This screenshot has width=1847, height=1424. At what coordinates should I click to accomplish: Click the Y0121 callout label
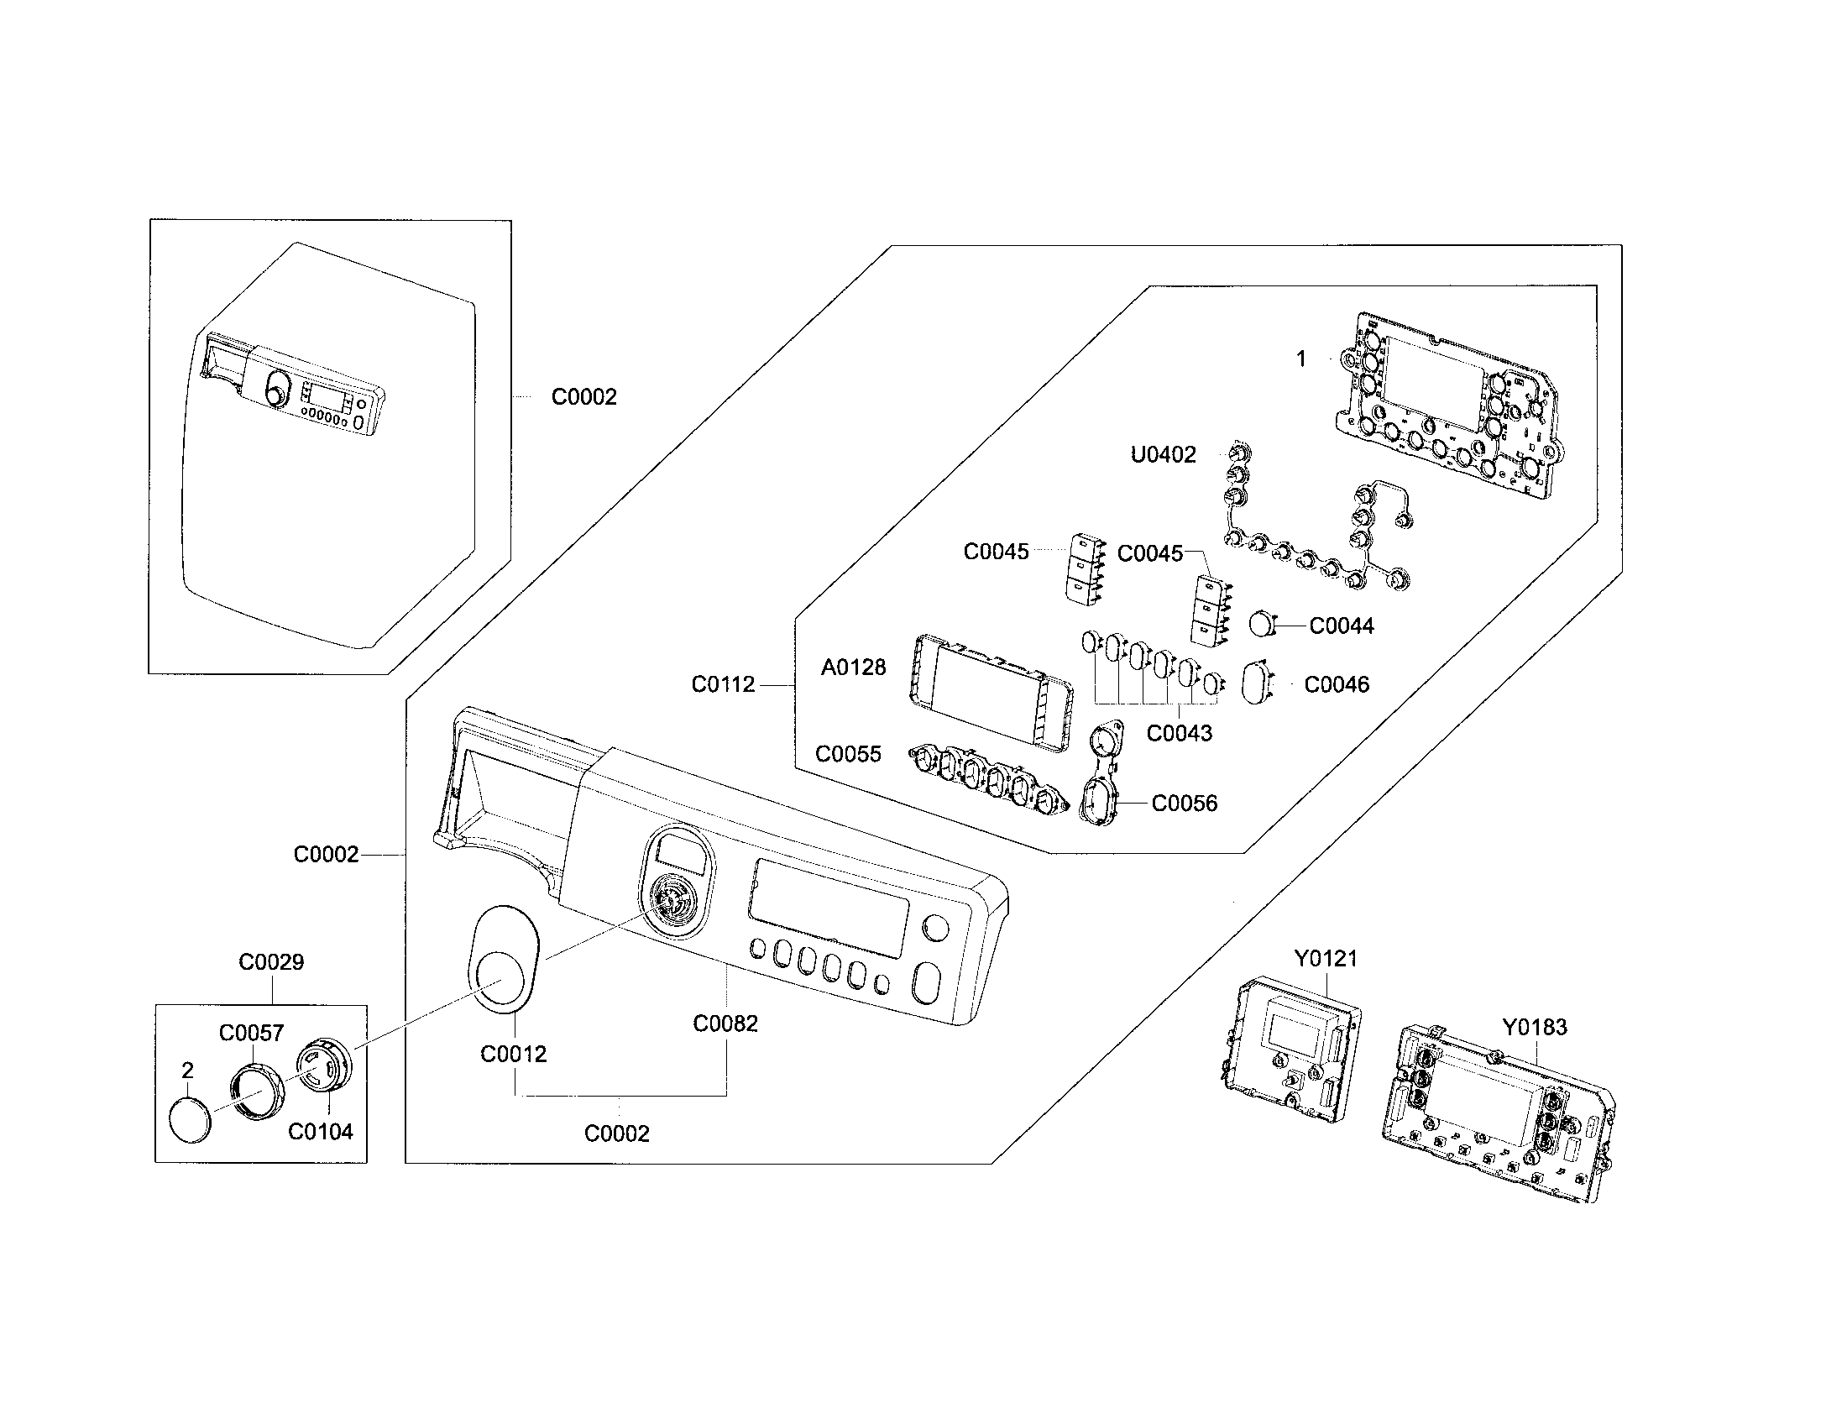pos(1325,959)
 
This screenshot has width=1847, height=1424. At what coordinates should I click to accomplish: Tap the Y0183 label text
pos(1534,1028)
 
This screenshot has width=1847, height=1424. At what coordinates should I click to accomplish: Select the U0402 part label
pos(1163,455)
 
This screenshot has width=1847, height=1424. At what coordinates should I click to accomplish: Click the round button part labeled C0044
pos(1262,624)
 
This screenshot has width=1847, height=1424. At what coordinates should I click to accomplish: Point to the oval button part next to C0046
pos(1258,683)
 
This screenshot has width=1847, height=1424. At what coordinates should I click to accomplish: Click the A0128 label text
pos(853,668)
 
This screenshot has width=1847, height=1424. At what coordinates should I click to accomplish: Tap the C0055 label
pos(847,754)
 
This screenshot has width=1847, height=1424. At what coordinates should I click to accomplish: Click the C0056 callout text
pos(1184,804)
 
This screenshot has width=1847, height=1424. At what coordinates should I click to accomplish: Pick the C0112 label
pos(723,685)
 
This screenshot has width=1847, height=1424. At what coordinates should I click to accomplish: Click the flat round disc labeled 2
pos(191,1120)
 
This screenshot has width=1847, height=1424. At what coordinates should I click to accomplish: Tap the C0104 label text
pos(321,1133)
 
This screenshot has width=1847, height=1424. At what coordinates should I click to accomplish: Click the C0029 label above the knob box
pos(270,962)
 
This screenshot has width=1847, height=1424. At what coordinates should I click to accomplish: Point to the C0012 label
pos(513,1055)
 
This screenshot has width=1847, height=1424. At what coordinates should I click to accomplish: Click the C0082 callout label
pos(725,1024)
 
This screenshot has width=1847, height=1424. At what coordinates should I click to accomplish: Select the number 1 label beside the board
pos(1300,359)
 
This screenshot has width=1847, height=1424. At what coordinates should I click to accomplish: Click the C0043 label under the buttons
pos(1179,733)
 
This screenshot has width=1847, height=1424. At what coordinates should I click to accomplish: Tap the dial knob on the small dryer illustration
pos(275,395)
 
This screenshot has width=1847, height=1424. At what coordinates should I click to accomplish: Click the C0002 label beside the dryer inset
pos(583,397)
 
